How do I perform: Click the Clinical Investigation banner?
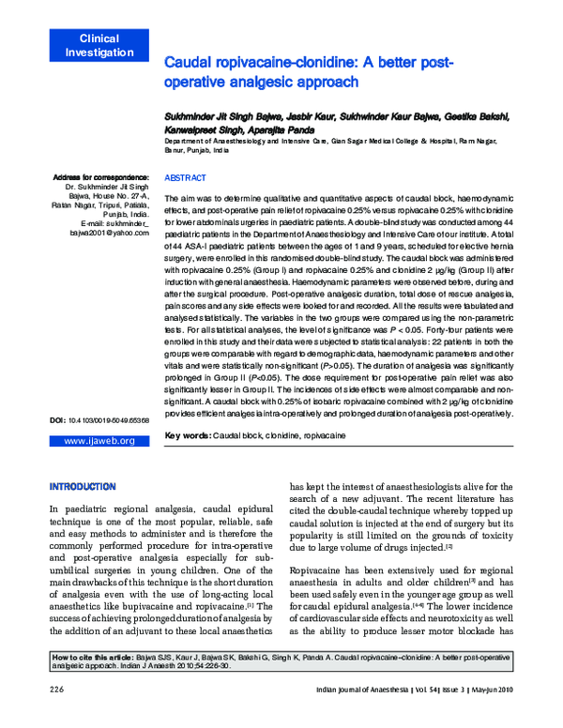[x=92, y=46]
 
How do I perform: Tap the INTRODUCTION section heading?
[x=83, y=487]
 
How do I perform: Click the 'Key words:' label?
[x=187, y=436]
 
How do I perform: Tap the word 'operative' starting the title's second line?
[x=196, y=83]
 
